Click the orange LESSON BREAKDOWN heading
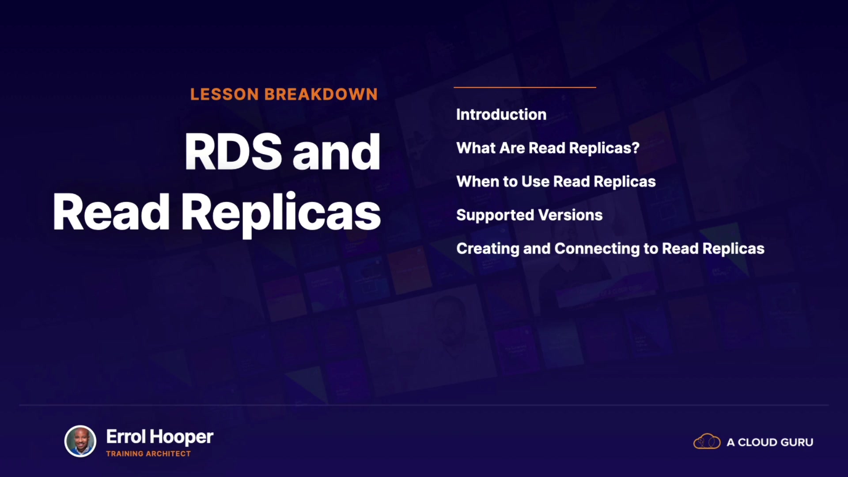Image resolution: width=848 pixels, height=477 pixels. click(284, 94)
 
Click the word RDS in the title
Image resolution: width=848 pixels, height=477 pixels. click(233, 151)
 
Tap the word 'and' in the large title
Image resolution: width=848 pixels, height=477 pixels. click(336, 151)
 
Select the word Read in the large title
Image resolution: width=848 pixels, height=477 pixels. click(111, 212)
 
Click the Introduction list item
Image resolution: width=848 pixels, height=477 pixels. click(501, 114)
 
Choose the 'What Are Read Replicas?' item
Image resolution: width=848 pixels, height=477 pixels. click(548, 148)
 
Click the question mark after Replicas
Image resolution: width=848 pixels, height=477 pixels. click(636, 148)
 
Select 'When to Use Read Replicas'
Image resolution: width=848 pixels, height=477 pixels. click(556, 182)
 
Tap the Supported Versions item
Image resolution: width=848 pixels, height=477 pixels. click(529, 215)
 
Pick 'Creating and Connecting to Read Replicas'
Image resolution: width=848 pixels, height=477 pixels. click(610, 249)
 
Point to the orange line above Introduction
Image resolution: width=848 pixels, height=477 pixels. click(525, 87)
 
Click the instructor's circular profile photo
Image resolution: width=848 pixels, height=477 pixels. click(80, 441)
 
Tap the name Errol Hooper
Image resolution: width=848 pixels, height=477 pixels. click(159, 437)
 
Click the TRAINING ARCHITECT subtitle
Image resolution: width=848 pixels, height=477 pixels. click(148, 454)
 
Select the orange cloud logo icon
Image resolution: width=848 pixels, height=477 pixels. click(707, 441)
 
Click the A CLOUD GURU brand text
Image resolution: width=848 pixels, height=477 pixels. click(770, 442)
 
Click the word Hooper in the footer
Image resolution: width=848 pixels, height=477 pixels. click(182, 438)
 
